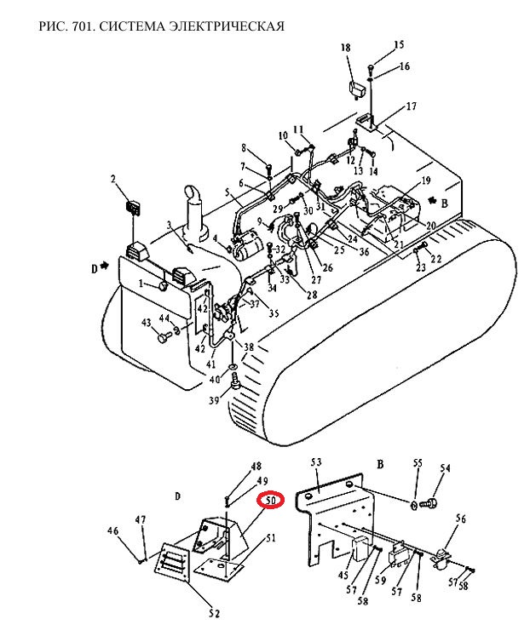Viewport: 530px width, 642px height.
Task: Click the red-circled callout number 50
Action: click(x=270, y=500)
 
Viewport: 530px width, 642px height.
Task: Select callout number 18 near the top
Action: click(x=346, y=48)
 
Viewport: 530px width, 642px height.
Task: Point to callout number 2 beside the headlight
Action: click(x=113, y=179)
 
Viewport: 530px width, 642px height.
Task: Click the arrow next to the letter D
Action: click(x=106, y=266)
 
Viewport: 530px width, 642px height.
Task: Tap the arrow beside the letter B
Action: click(x=431, y=200)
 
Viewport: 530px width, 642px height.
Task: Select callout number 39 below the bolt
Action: click(x=214, y=399)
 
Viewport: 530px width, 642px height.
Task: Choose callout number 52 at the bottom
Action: click(x=214, y=613)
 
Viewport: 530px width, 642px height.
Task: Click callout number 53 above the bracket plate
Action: click(x=316, y=462)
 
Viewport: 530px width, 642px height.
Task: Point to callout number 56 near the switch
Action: click(x=461, y=519)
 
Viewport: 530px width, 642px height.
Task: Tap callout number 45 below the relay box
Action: click(x=343, y=575)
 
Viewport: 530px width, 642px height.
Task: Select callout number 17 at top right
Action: click(x=411, y=106)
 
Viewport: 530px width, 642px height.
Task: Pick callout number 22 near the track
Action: click(x=436, y=259)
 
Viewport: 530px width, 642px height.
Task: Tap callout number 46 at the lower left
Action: click(x=112, y=531)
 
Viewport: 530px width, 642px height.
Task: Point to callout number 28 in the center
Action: click(x=312, y=294)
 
